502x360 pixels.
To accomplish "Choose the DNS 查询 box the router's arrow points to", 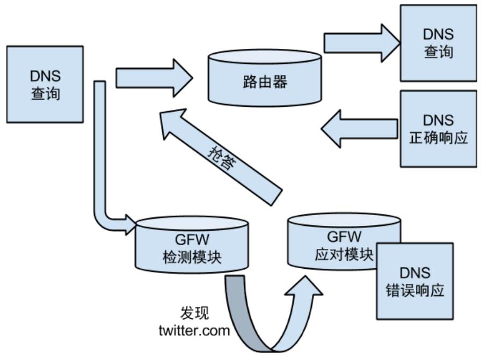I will tap(438, 43).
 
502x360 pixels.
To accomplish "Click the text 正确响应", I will tap(438, 137).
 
